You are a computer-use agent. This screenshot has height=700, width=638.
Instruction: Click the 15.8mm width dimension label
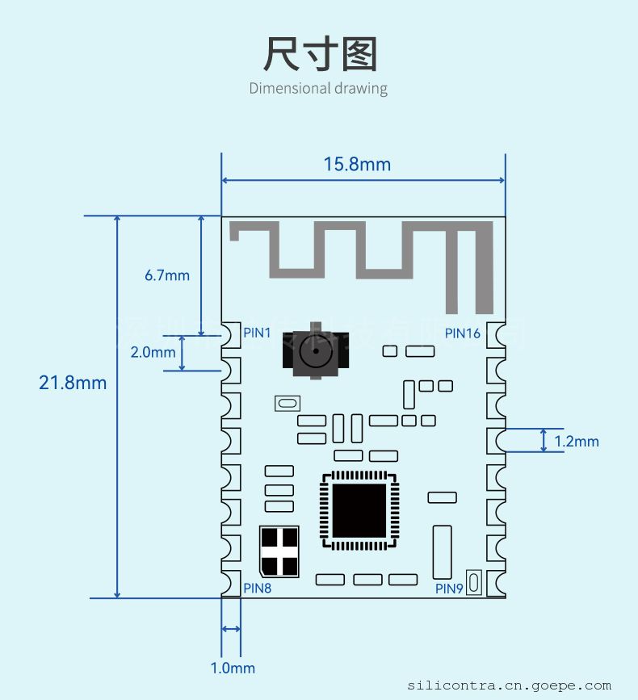point(357,165)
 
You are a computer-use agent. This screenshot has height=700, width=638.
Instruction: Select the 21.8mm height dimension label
point(73,383)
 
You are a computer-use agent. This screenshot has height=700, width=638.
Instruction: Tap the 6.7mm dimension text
point(167,275)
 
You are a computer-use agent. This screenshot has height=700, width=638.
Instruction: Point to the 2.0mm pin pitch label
point(153,352)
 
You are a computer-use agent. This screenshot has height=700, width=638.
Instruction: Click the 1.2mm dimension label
point(577,441)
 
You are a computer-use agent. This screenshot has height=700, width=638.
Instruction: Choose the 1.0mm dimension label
point(233,668)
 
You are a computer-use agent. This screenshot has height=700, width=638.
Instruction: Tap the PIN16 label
point(463,333)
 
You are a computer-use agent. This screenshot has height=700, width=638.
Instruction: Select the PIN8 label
point(258,588)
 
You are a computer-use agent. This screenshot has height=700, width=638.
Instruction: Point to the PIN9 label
point(449,589)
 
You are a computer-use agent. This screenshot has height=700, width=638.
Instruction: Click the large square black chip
point(359,511)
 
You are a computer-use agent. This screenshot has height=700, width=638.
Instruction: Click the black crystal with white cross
point(279,551)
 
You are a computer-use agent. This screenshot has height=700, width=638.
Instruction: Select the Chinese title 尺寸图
point(320,54)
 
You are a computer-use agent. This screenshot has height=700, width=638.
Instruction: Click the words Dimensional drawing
point(318,88)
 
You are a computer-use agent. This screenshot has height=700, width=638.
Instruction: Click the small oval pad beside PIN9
point(474,582)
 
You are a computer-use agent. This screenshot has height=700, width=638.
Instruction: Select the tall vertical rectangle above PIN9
point(442,551)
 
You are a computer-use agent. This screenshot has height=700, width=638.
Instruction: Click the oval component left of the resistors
point(287,402)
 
